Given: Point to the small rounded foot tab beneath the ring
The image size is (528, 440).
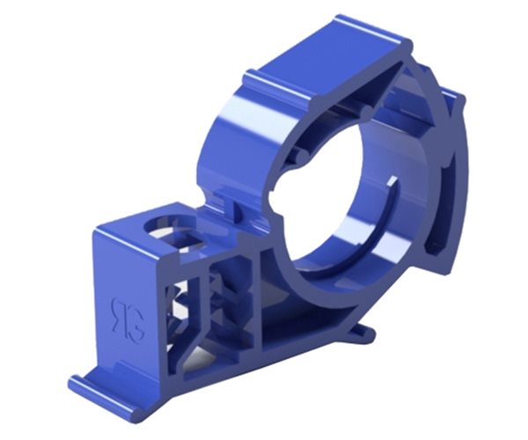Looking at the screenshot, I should [363, 333].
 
